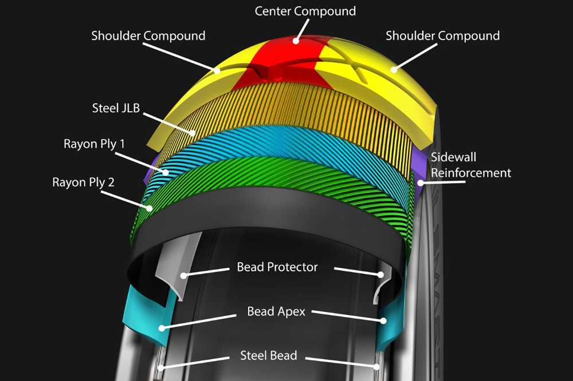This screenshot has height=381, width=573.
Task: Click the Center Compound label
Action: [x=305, y=11]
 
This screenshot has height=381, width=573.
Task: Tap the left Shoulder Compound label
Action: [x=148, y=36]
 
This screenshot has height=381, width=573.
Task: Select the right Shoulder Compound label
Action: [x=442, y=36]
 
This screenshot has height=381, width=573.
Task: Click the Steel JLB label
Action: [x=116, y=108]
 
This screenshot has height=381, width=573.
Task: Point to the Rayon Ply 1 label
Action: [x=95, y=144]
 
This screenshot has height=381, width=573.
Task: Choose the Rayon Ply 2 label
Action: [x=83, y=182]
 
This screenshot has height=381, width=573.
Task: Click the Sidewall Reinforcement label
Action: [x=470, y=165]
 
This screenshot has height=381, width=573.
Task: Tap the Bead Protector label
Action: [x=277, y=267]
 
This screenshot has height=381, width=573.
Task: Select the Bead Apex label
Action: [x=276, y=312]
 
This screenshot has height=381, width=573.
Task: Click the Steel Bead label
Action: [x=269, y=355]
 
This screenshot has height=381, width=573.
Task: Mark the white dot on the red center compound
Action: [x=296, y=41]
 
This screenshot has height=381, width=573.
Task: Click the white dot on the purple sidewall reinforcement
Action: [x=421, y=182]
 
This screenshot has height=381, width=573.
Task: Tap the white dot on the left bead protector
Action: [x=184, y=276]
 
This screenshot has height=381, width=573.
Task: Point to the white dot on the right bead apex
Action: [x=383, y=321]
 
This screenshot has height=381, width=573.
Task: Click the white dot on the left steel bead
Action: [x=161, y=367]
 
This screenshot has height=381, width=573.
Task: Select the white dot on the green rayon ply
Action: [x=150, y=208]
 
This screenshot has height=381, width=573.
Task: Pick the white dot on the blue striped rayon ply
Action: [x=166, y=172]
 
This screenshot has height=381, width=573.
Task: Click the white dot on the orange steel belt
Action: [x=193, y=133]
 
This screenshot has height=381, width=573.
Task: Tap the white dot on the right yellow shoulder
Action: [x=394, y=69]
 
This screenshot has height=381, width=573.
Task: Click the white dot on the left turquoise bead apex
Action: [x=162, y=328]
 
